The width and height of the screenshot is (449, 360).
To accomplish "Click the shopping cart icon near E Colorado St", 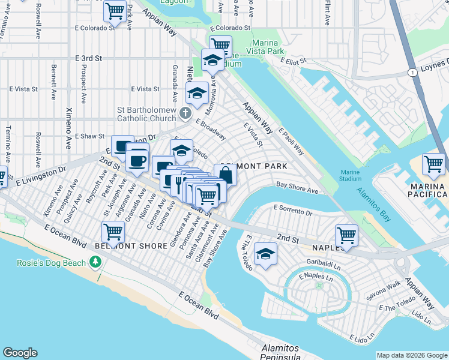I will [114, 10].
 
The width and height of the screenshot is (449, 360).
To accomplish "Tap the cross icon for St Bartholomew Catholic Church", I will [186, 113].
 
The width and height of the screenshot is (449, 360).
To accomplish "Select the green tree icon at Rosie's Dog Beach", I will [94, 262].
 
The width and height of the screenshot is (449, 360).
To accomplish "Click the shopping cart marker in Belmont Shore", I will [113, 231].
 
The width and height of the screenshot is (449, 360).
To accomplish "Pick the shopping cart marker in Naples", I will [347, 235].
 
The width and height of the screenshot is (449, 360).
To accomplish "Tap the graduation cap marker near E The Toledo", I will [265, 253].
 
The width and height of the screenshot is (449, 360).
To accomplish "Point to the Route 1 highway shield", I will [412, 72].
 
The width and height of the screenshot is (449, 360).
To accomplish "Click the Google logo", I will [20, 353].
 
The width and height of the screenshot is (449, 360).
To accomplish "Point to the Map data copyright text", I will [412, 355].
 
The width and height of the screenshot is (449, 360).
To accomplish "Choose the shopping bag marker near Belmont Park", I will [225, 175].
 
